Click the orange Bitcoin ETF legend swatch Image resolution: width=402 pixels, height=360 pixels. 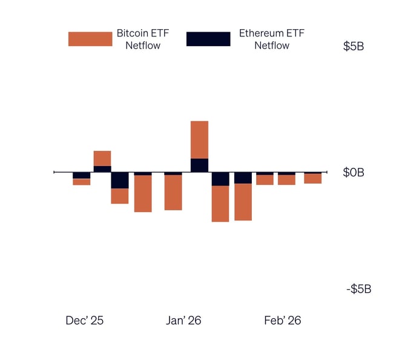(x=90, y=39)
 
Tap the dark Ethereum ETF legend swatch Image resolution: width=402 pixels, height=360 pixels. (x=208, y=39)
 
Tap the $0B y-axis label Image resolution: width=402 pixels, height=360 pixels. (x=354, y=173)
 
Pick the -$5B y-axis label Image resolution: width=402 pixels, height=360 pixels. (x=358, y=288)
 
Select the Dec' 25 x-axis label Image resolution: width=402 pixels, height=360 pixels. (x=84, y=321)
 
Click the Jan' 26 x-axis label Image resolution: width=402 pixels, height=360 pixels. (x=183, y=321)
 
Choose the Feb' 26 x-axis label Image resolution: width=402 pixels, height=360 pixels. (x=282, y=321)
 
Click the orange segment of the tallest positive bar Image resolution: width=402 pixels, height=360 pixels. (x=199, y=139)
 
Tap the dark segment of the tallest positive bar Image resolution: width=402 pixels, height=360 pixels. (x=199, y=165)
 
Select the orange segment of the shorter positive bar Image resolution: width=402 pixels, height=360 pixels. (x=102, y=158)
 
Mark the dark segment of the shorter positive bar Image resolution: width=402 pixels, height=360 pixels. (x=102, y=168)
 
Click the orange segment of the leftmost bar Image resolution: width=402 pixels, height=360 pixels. (x=82, y=182)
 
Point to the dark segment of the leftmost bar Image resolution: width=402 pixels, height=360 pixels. (x=82, y=175)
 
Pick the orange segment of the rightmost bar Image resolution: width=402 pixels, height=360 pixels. (x=313, y=179)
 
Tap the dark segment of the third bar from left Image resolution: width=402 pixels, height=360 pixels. (x=120, y=180)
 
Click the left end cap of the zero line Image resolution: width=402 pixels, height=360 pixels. (x=54, y=172)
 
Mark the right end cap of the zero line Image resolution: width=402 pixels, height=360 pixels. (x=327, y=172)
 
